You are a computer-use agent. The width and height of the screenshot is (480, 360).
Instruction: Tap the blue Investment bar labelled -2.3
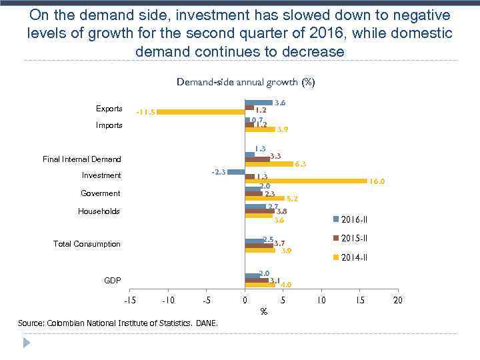(236, 172)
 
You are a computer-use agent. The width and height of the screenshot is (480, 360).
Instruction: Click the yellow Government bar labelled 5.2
(265, 198)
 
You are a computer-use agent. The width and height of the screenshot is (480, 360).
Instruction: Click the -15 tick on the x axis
(131, 300)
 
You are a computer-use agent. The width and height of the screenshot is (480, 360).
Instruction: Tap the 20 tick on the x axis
(398, 300)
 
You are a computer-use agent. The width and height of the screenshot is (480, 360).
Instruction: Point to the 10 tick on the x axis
(321, 300)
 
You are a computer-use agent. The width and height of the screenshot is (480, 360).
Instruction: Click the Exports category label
(109, 109)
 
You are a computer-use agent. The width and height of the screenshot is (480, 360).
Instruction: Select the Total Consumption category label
(87, 244)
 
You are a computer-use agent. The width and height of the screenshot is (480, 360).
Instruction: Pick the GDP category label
(113, 281)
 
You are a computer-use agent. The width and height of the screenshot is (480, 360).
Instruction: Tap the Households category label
(99, 211)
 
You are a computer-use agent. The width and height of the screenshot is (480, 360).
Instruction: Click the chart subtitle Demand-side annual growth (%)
(245, 83)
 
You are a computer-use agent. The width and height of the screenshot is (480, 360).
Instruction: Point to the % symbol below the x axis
(264, 311)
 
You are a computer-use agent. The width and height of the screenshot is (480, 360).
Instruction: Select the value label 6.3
(300, 164)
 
